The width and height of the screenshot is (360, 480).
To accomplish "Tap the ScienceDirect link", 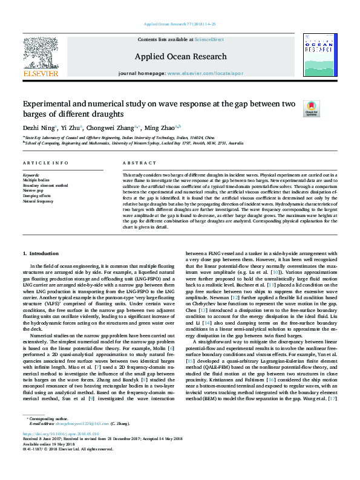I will (x=209, y=39).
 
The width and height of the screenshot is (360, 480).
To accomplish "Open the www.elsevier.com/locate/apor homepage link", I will (x=204, y=73).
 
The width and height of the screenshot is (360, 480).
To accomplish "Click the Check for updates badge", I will (x=294, y=109).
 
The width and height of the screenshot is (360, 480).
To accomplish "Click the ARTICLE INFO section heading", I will (x=45, y=163).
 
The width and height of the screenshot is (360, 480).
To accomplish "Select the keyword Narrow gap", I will (x=33, y=190).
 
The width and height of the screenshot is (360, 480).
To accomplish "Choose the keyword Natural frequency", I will (x=38, y=200).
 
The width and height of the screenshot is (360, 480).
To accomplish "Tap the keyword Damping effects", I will (x=37, y=195).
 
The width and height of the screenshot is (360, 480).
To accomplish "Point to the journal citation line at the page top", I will (x=180, y=24).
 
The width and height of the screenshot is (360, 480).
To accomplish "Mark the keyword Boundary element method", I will (x=45, y=185).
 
